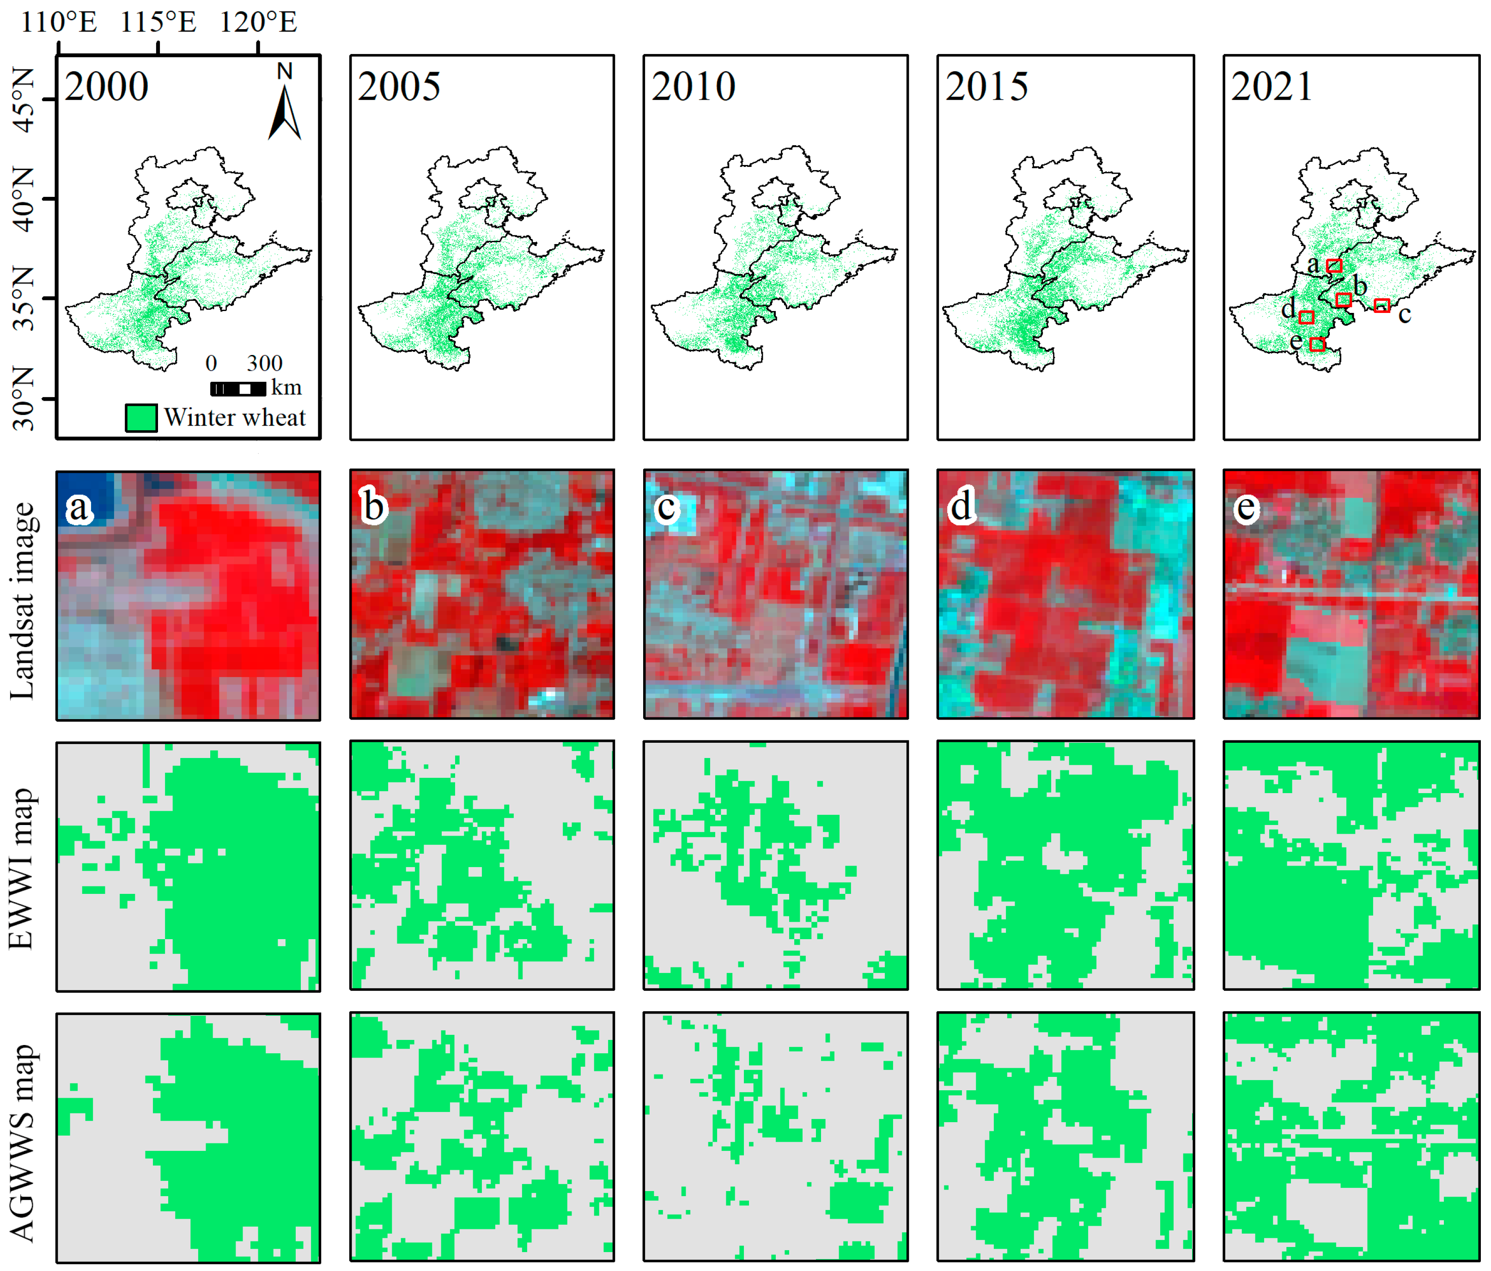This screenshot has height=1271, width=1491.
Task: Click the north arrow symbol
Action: pyautogui.click(x=285, y=104)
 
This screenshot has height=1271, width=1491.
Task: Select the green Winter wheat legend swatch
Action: pyautogui.click(x=141, y=417)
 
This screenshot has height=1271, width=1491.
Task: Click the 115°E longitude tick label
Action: pyautogui.click(x=158, y=22)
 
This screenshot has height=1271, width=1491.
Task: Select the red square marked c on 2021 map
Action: pyautogui.click(x=1381, y=306)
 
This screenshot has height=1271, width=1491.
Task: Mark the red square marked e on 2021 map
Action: pyautogui.click(x=1317, y=345)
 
